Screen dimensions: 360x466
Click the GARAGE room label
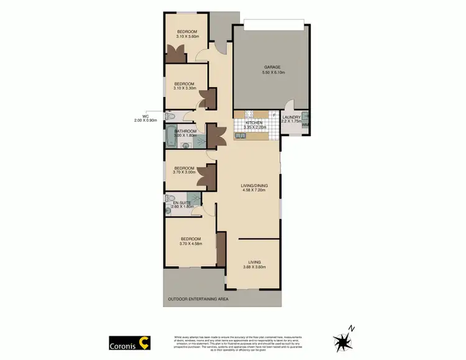pos(272,67)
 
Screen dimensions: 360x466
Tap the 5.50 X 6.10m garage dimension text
pos(272,72)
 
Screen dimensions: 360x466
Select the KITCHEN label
pos(254,123)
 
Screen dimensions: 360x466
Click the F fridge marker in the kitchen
pos(273,114)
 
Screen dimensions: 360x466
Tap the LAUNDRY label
pos(291,117)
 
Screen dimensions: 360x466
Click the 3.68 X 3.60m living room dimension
pos(254,267)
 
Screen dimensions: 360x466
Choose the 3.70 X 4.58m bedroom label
pos(190,244)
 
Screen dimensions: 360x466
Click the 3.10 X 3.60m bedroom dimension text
pos(186,37)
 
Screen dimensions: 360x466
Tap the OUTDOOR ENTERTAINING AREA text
pos(198,299)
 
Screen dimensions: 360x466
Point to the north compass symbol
pos(343,340)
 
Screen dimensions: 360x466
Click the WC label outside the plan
pos(145,116)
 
